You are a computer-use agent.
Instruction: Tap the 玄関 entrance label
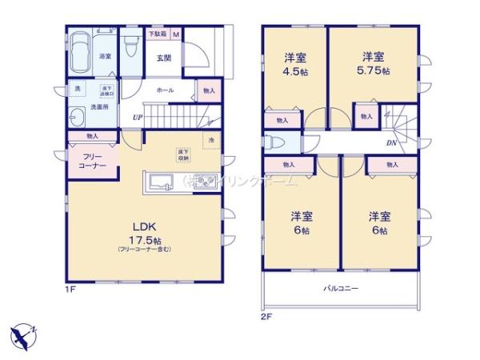[x=163, y=58]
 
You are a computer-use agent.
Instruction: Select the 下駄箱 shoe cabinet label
[x=156, y=34]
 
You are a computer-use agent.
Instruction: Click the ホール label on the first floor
[x=165, y=90]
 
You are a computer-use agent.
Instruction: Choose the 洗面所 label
[x=99, y=106]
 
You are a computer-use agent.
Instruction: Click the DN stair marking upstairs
[x=390, y=142]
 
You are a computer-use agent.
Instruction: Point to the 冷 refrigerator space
[x=211, y=141]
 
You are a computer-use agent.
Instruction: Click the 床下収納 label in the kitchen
[x=183, y=154]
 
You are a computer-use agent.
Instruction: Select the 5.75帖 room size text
[x=374, y=71]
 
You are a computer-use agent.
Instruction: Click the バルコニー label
[x=341, y=287]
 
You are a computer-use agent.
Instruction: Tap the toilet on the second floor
[x=275, y=142]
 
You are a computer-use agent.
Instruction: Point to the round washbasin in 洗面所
[x=78, y=120]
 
